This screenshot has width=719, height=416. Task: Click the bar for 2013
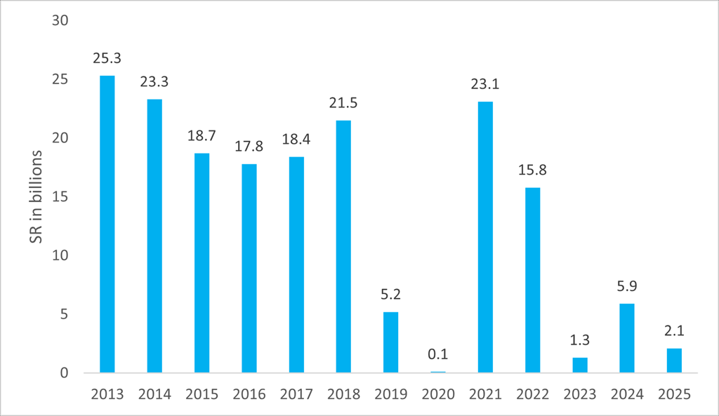[x=107, y=224]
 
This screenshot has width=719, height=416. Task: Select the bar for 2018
[x=343, y=246]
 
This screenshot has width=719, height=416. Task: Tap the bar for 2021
[x=485, y=237]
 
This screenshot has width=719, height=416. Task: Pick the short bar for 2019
[x=390, y=342]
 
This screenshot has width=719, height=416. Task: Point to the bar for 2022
[x=532, y=280]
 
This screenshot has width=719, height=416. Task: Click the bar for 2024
[x=626, y=338]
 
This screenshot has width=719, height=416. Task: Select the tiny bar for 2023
[x=579, y=365]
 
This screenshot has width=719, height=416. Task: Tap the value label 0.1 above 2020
[x=438, y=354]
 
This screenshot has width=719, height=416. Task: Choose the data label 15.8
[x=532, y=170]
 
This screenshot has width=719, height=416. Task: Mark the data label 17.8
[x=249, y=147]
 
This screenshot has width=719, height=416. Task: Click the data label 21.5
[x=343, y=103]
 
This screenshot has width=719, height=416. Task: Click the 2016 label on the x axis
[x=249, y=394]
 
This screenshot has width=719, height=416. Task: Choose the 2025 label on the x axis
[x=674, y=394]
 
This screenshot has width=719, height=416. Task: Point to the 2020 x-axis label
[x=438, y=394]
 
